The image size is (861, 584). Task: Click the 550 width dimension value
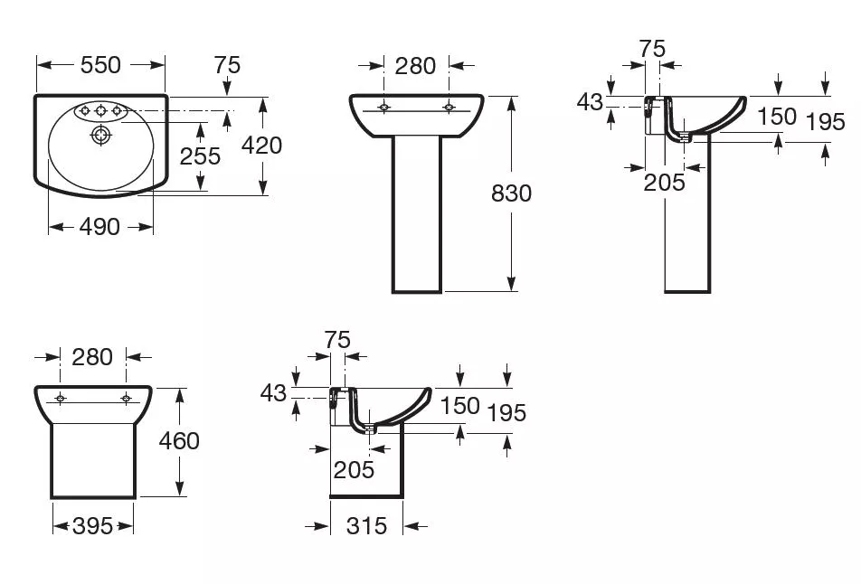100,65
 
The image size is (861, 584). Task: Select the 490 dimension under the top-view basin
99,226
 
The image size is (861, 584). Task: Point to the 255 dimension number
200,155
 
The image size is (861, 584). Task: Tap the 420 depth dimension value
262,146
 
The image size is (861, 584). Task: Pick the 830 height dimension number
511,193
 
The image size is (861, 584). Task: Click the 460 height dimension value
179,441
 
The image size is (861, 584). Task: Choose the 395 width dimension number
93,526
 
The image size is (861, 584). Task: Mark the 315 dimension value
367,526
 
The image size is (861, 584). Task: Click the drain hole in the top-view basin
100,134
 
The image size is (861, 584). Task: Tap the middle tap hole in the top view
100,111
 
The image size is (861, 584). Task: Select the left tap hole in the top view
85,111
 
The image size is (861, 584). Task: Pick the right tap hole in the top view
117,111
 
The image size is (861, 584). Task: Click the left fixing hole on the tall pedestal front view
383,107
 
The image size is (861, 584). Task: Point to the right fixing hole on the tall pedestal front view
449,107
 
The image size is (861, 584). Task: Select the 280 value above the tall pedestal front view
416,66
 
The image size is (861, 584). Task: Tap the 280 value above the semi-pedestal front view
92,357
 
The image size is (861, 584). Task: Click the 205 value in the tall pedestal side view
665,183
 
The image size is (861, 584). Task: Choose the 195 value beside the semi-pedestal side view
506,413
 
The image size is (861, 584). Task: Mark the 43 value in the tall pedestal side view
590,102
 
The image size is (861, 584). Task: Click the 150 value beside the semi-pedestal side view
460,406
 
